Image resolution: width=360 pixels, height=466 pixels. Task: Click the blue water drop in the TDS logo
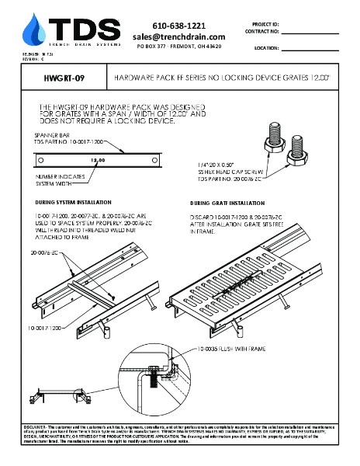pos(33,30)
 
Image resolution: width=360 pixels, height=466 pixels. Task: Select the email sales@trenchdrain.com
pos(179,37)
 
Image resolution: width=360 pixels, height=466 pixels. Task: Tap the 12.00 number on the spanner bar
pos(98,160)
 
